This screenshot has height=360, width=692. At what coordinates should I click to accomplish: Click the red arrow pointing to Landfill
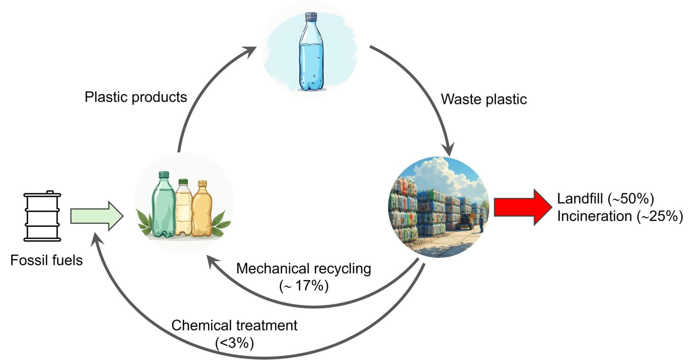click(522, 207)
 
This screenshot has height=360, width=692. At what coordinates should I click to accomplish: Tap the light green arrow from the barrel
click(97, 216)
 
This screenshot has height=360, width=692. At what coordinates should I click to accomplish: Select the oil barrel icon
click(42, 216)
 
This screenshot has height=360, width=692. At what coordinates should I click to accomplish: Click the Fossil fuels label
click(46, 260)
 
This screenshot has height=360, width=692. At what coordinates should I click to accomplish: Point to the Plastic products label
click(136, 97)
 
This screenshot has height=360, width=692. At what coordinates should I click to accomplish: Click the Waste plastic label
click(484, 99)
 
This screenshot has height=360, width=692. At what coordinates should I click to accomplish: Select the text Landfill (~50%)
click(605, 199)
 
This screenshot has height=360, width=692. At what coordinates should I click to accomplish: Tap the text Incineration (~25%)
click(620, 216)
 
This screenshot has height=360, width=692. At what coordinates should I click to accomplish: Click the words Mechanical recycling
click(303, 269)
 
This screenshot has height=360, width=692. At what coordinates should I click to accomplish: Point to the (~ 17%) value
click(303, 286)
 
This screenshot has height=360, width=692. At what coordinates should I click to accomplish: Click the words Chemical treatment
click(234, 325)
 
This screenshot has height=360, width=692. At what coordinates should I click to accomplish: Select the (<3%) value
click(234, 343)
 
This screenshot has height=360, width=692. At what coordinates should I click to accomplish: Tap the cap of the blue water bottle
click(311, 16)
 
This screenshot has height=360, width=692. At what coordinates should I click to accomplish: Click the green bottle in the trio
click(163, 206)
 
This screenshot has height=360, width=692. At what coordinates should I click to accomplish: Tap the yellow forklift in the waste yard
click(467, 222)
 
